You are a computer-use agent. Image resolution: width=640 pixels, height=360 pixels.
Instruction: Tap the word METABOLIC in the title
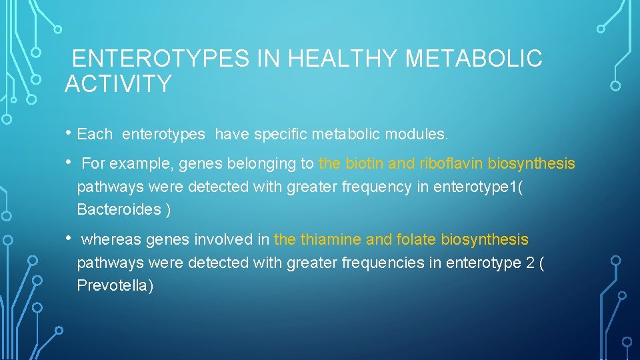point(474,59)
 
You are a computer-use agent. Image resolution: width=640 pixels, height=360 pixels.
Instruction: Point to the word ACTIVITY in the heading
point(118,84)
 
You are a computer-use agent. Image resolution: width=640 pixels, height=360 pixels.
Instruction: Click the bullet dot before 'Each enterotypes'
point(69,133)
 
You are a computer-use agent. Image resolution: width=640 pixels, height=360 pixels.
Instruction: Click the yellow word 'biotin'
point(365,163)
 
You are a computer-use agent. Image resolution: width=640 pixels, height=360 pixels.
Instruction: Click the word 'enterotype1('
point(478,187)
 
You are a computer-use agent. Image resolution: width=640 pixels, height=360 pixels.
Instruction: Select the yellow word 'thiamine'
point(328,239)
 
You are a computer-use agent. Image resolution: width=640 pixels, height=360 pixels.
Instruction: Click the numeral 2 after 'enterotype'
point(529,263)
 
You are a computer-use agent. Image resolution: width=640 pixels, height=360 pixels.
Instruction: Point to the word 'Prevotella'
point(115,285)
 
